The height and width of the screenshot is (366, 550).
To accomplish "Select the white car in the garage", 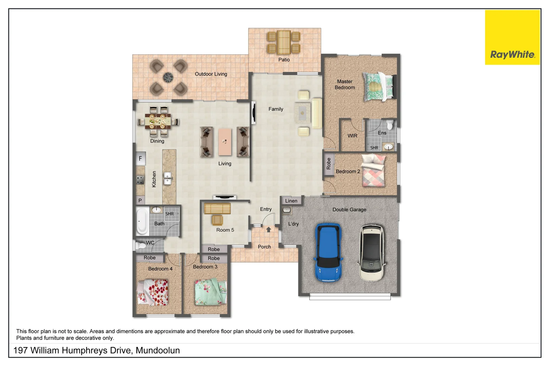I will coord(372,252).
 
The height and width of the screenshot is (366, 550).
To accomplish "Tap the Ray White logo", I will coord(512,37).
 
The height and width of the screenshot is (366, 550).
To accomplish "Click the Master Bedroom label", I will coord(345,84).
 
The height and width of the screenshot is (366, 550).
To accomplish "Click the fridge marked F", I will coord(140,158).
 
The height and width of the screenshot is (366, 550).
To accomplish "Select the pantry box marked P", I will coord(140,200).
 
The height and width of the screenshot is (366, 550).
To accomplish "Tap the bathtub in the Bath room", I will coord(142,221).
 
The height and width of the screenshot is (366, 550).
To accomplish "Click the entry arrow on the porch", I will coord(268,229).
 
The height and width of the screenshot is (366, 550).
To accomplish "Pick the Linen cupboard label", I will coord(291,201).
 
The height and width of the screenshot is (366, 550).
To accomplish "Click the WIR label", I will coord(352,136).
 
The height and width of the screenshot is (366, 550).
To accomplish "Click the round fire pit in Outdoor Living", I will coord(168,77).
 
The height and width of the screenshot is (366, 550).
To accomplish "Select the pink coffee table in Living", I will coord(225,141).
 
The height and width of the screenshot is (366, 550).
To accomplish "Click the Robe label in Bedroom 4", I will coord(150,258).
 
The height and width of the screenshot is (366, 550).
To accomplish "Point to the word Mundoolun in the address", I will coord(158,350).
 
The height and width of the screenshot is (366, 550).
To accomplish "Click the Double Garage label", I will coord(349,209).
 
